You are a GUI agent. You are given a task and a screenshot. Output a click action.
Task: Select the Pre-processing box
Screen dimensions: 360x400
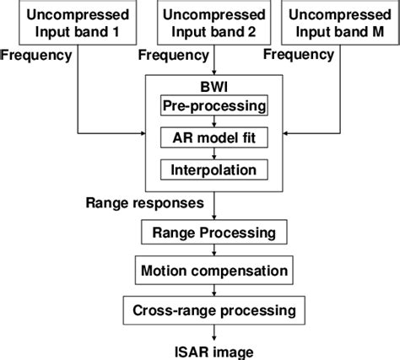(x=214, y=108)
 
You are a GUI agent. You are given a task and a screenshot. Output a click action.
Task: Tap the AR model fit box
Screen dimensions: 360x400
(x=214, y=138)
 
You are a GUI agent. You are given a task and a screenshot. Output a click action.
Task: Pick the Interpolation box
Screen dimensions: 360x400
(x=214, y=169)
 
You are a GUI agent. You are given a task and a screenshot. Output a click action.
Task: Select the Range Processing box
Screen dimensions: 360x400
(x=214, y=232)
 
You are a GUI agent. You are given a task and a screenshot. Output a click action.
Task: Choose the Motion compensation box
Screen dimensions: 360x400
(x=214, y=271)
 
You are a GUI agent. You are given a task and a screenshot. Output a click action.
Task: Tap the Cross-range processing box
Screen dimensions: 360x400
(x=214, y=309)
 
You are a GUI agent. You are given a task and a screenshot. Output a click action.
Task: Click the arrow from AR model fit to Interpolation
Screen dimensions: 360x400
(x=214, y=153)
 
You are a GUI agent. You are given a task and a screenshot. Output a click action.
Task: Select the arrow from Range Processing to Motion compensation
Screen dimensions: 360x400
(x=214, y=251)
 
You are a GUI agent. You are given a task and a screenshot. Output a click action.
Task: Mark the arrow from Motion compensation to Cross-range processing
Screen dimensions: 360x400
(x=214, y=290)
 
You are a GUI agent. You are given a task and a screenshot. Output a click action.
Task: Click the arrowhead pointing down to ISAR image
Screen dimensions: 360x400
(x=214, y=336)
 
